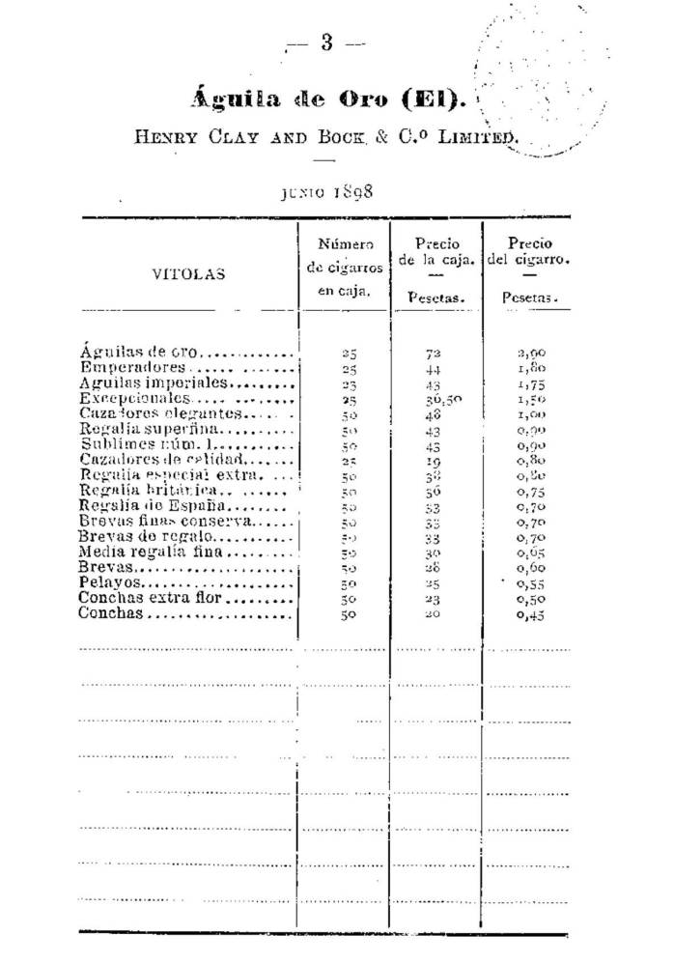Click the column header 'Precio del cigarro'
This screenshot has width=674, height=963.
pyautogui.click(x=529, y=252)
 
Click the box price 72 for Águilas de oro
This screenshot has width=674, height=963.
pyautogui.click(x=433, y=354)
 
